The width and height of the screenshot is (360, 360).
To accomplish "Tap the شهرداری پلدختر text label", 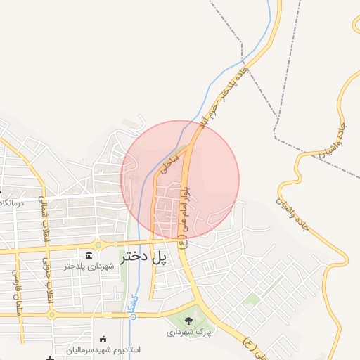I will pos(89,266).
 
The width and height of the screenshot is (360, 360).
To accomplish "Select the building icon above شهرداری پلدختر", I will pos(89,255).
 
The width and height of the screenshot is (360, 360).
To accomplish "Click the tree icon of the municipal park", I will pos(188,323).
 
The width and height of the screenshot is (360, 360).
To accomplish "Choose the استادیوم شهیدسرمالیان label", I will pos(104,349).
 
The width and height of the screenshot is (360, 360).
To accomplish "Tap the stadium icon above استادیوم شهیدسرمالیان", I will pos(103,338).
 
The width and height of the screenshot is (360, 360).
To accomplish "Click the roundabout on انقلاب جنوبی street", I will pos(52,314).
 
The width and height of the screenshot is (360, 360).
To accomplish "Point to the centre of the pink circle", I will pos(180,179).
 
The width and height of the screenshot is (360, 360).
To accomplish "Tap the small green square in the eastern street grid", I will pos(251,299).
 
